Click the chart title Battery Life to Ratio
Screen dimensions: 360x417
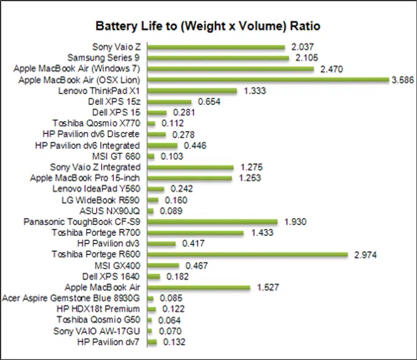click(208, 27)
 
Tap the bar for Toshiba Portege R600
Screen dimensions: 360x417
click(247, 254)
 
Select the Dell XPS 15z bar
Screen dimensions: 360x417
click(170, 102)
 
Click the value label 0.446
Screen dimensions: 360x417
click(195, 146)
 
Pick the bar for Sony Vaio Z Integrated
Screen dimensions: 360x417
click(191, 168)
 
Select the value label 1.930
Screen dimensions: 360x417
click(295, 222)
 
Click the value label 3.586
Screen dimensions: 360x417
click(403, 80)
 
